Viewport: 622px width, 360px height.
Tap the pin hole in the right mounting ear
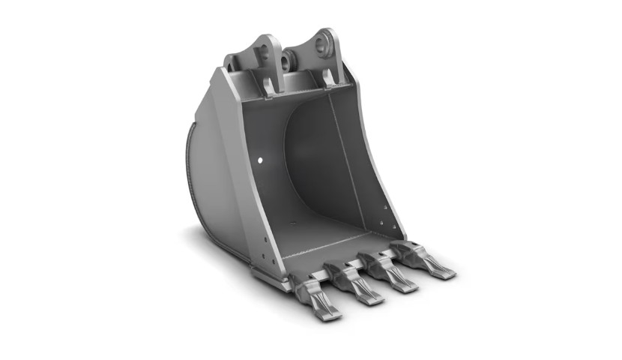pyautogui.click(x=324, y=44)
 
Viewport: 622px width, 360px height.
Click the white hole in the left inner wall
pyautogui.click(x=259, y=160)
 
